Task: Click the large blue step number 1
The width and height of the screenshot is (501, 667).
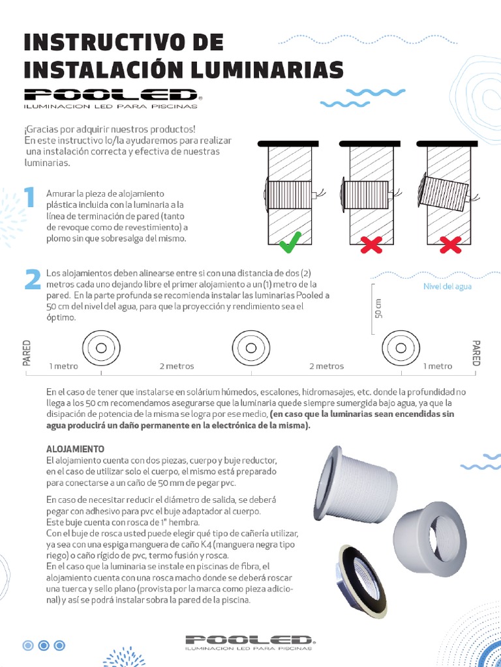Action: (28, 197)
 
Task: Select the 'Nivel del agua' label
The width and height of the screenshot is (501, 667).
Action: (448, 286)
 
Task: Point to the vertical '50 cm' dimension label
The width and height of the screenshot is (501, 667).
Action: (379, 307)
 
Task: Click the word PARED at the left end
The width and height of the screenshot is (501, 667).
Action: (27, 352)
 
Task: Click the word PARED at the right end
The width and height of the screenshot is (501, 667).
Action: (476, 352)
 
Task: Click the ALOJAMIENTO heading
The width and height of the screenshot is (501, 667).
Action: (76, 449)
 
